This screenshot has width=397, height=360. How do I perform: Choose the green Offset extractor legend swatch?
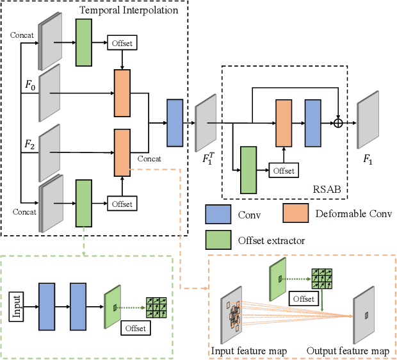[x=218, y=238]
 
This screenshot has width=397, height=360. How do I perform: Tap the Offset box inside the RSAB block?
[x=284, y=170]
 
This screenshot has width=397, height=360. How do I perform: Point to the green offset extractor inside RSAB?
[x=248, y=170]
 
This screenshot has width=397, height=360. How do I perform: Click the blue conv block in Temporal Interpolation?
[x=174, y=122]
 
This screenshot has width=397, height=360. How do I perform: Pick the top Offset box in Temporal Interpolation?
[x=122, y=44]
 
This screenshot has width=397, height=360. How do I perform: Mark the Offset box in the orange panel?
[x=305, y=299]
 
